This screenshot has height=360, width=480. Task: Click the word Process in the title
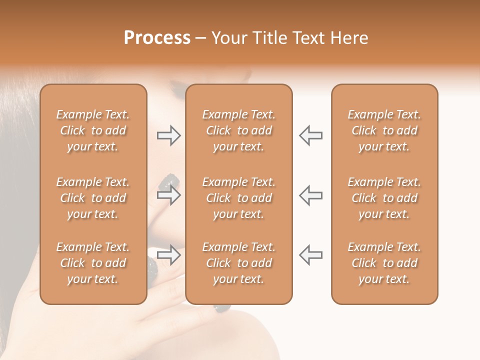point(157,38)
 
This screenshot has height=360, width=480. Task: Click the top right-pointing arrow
point(168,135)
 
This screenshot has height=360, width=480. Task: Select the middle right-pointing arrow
point(168,195)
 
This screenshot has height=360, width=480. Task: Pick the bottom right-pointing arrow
point(168,255)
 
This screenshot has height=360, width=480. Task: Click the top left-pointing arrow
point(310,135)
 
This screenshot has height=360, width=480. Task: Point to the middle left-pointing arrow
point(310,195)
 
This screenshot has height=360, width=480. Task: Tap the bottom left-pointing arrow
point(310,255)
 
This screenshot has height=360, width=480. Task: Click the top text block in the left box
point(93,130)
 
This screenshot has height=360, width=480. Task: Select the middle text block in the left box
point(93,198)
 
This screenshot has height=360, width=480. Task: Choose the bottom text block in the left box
point(93,263)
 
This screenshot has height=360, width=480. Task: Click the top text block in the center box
point(239,130)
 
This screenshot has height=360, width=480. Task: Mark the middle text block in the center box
point(239,198)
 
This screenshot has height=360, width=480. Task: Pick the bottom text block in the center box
point(239,263)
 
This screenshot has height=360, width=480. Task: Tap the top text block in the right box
point(384,130)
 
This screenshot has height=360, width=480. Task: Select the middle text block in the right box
point(384,198)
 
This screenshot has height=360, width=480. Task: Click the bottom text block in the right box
point(384,263)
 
